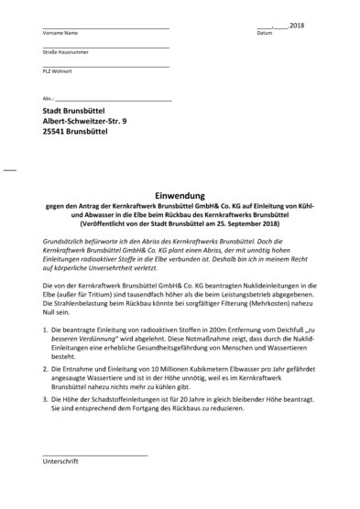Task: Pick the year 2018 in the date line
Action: coord(295,25)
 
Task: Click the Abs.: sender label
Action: coord(48,98)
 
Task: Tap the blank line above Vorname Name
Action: coord(105,26)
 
